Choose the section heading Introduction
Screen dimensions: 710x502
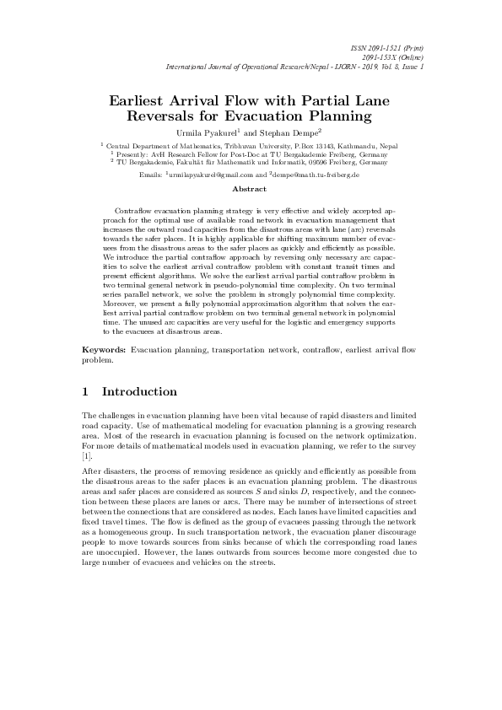point(139,392)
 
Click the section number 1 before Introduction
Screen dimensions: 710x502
point(85,392)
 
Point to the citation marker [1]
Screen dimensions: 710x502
point(86,455)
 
